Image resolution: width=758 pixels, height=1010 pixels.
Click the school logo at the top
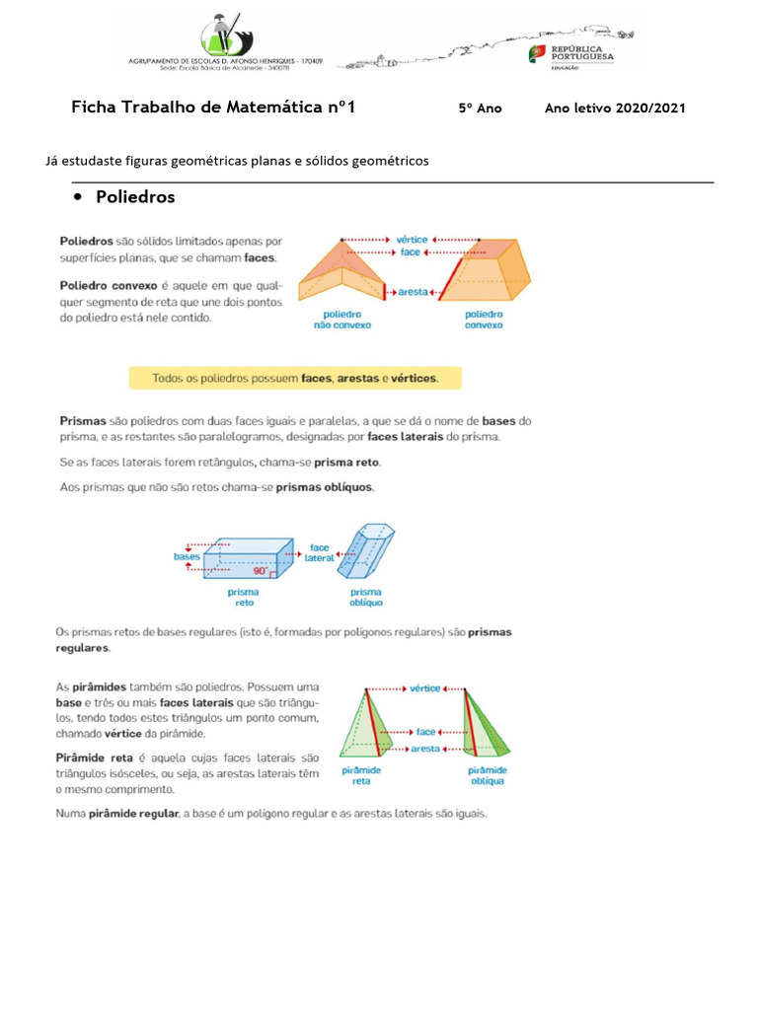225,36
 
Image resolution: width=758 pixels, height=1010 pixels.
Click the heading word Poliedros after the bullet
135,197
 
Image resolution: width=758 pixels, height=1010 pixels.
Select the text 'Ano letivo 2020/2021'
615,108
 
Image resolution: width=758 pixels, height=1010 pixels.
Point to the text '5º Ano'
480,108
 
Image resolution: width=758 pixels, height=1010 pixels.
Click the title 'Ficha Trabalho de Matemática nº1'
213,108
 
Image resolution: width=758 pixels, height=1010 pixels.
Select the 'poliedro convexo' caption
484,319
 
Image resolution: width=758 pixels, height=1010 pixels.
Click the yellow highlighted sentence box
294,378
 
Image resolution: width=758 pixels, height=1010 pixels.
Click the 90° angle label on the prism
260,570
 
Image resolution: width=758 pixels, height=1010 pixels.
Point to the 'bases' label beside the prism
188,556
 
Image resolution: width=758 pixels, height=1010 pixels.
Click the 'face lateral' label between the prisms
320,552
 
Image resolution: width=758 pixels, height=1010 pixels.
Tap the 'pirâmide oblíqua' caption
487,775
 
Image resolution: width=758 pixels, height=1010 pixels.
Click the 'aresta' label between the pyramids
426,749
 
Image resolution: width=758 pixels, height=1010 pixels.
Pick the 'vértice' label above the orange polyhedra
412,239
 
